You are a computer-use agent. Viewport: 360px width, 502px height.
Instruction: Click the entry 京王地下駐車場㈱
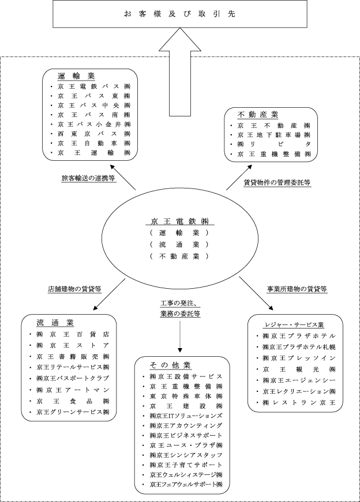click(x=271, y=134)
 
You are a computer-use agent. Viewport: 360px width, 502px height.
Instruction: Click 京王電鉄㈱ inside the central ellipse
click(x=179, y=221)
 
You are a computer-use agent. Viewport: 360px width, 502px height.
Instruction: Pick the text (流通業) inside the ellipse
click(x=179, y=244)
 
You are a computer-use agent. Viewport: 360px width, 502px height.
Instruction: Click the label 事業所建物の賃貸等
click(x=297, y=289)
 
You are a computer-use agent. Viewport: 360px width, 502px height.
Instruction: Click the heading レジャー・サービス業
click(x=294, y=324)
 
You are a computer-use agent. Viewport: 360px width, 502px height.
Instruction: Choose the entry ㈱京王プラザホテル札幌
click(x=299, y=347)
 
